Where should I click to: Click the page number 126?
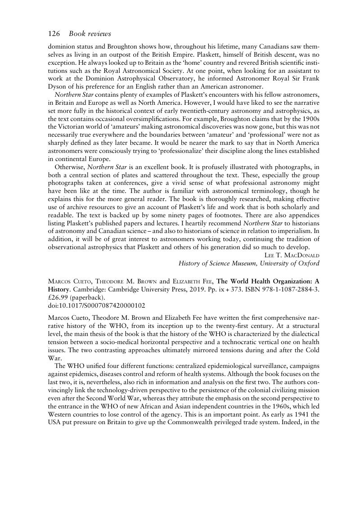click(54, 33)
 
